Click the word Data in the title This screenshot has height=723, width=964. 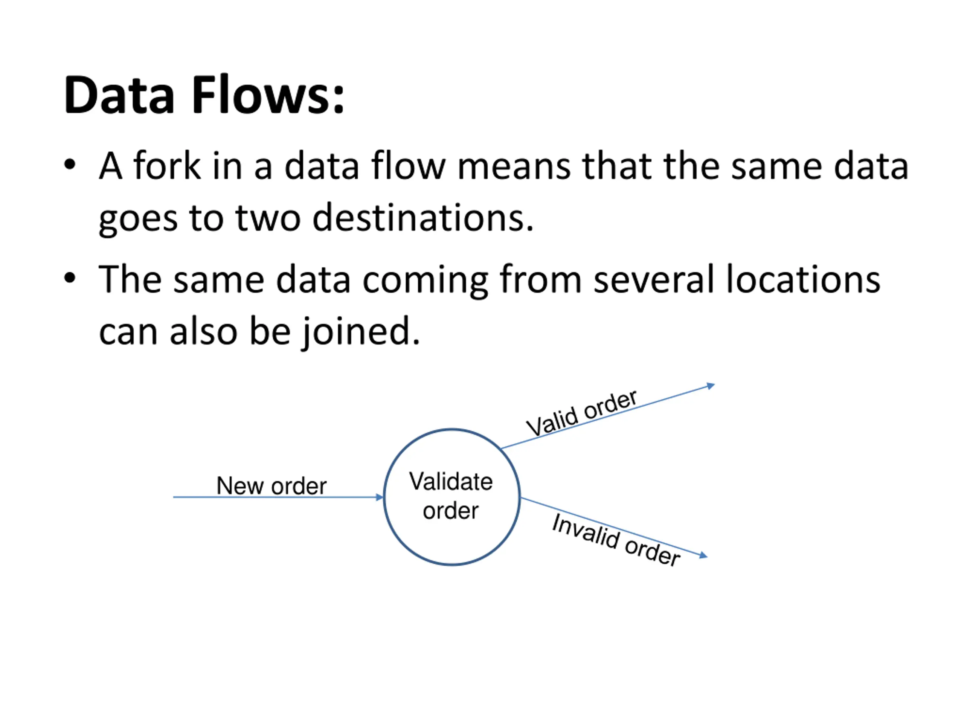119,95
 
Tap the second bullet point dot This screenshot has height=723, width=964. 70,278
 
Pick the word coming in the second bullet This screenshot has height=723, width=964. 424,281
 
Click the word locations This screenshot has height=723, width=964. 803,279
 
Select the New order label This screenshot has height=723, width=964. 272,485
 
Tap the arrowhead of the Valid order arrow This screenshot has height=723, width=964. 711,386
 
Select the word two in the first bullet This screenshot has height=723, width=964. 268,218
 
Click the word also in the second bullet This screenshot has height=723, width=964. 203,331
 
